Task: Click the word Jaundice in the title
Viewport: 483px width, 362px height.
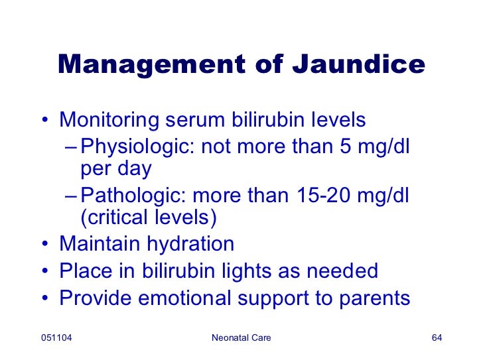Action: coord(358,64)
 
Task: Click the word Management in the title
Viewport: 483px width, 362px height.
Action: coord(151,65)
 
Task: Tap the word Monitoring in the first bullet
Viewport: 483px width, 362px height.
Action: coord(109,120)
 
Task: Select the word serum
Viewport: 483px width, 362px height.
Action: coord(195,121)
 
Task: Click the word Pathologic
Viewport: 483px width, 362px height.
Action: coord(133,196)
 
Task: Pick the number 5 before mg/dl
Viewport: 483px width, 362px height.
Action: coord(345,146)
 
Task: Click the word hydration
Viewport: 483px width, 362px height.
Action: coord(190,244)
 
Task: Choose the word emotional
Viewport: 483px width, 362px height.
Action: coord(184,298)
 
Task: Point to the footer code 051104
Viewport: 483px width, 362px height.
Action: coord(56,337)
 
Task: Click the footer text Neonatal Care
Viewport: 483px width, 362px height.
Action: coord(241,337)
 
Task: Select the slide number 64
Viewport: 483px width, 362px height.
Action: coord(437,337)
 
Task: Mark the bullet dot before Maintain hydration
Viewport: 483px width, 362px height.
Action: coord(45,243)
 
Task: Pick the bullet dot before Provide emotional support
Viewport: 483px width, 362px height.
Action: coord(45,298)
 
